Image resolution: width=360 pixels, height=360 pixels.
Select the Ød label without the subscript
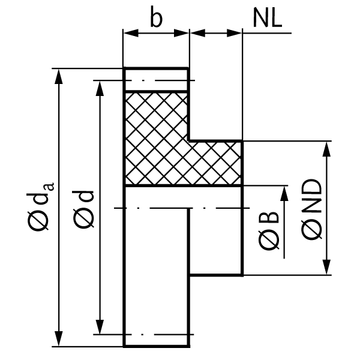[x=83, y=209]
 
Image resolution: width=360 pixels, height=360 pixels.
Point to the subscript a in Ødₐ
[x=50, y=186]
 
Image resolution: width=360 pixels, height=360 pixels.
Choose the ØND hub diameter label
[x=311, y=209]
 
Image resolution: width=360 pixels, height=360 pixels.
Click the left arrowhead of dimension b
[x=131, y=33]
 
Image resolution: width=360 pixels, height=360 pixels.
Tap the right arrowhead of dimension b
[x=181, y=33]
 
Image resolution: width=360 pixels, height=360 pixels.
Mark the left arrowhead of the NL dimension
[x=197, y=33]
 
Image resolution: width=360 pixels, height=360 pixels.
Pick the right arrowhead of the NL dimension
[x=234, y=33]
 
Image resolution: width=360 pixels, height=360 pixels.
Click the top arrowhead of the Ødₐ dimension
[x=59, y=77]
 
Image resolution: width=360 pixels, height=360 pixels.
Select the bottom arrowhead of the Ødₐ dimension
[x=59, y=338]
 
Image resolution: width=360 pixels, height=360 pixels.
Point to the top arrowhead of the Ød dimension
[x=100, y=89]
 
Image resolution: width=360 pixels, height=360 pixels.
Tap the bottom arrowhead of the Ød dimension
[x=100, y=326]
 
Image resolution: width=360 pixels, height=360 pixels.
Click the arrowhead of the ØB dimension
[x=284, y=194]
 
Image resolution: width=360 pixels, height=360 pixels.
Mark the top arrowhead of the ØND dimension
[x=326, y=149]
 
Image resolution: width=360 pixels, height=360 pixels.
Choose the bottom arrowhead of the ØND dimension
[x=326, y=267]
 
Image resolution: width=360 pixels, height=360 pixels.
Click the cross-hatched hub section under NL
[x=215, y=163]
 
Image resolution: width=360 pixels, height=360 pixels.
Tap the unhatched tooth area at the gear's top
[x=156, y=79]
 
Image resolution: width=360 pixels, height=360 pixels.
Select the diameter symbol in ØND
[x=311, y=230]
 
